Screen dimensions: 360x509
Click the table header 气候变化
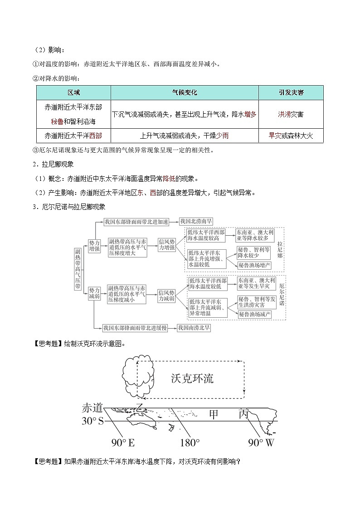point(185,92)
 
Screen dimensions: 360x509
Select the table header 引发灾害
point(291,92)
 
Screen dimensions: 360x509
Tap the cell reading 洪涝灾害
point(291,114)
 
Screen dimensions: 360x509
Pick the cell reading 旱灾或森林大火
point(291,136)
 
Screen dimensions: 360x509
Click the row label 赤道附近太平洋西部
point(73,136)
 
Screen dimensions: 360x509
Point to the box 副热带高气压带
point(78,269)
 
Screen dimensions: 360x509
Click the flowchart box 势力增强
point(94,246)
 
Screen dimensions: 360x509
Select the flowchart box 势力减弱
point(94,293)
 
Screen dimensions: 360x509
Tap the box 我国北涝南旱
point(196,222)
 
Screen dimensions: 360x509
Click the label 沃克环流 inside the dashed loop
point(192,378)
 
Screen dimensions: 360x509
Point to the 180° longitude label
point(189,442)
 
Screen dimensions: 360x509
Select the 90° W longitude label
point(261,442)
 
